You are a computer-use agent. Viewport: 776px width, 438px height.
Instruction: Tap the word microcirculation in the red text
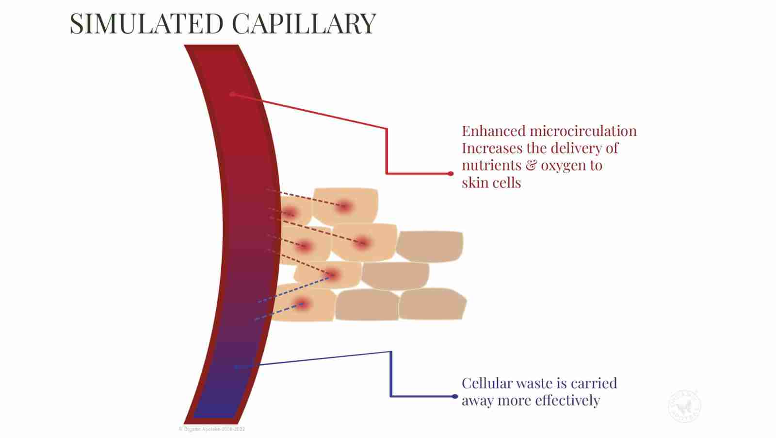tap(583, 131)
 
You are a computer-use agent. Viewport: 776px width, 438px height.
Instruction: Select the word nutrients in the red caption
tap(491, 166)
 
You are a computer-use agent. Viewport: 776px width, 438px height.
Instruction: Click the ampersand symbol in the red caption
tap(532, 166)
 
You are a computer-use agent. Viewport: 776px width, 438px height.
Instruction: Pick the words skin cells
tap(491, 183)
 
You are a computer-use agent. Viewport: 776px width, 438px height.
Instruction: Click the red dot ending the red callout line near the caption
tap(451, 173)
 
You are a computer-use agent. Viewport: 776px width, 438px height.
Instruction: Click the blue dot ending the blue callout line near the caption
tap(454, 396)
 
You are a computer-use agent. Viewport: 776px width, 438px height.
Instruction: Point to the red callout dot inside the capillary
tap(232, 94)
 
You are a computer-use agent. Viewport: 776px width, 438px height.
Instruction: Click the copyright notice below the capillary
tap(212, 429)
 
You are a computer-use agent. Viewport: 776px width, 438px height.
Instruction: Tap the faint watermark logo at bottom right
tap(685, 406)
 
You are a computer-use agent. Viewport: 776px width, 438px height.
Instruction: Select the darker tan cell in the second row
tap(429, 245)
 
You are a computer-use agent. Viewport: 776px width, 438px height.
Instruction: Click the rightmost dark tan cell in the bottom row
tap(432, 304)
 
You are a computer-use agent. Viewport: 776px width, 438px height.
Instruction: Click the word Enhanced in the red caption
tap(494, 131)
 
